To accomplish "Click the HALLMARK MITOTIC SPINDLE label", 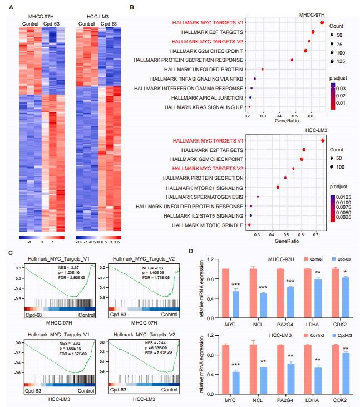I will (x=208, y=225).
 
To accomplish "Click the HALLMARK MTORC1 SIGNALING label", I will (x=209, y=187).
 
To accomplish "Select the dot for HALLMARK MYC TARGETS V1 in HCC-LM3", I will (x=322, y=140).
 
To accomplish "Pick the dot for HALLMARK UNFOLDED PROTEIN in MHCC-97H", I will (x=263, y=69).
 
